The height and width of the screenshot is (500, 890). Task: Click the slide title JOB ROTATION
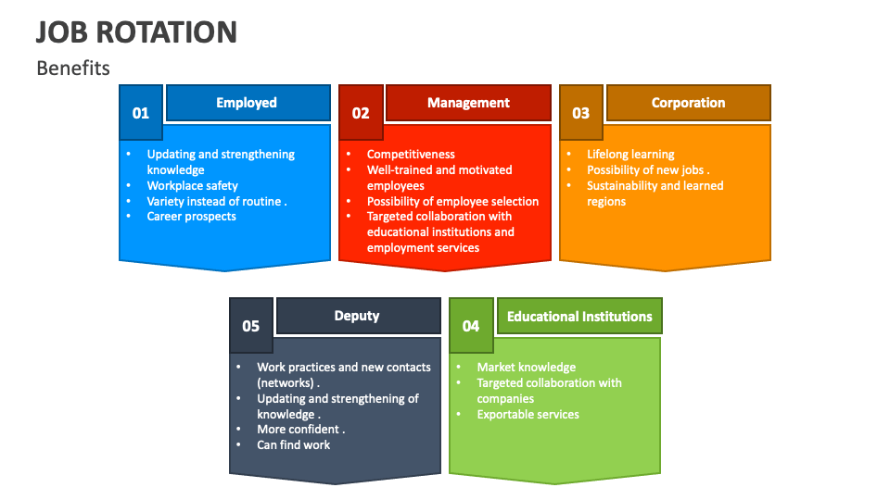pos(136,32)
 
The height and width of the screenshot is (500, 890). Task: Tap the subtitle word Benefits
pos(73,68)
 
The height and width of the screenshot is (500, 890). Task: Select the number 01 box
pos(141,112)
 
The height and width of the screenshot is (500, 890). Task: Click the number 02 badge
pos(361,112)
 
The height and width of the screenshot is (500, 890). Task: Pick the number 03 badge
pos(580,112)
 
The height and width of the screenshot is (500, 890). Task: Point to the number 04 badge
pos(471,325)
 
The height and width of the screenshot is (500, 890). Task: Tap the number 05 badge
pos(251,325)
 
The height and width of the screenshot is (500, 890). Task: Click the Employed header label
pos(247,103)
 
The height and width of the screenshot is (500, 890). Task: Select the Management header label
pos(468,103)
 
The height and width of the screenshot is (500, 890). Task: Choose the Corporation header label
pos(689,103)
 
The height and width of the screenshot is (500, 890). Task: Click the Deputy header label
pos(357,316)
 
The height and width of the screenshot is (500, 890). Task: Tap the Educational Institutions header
pos(579,316)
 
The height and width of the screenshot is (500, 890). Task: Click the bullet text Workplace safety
pos(193,185)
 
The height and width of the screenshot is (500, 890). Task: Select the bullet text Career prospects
pos(191,216)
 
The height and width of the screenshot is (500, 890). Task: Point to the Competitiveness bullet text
pos(411,155)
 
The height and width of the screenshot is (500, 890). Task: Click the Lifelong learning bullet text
pos(630,155)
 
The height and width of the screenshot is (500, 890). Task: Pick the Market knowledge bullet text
pos(527,367)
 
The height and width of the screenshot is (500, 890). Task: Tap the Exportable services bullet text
pos(528,415)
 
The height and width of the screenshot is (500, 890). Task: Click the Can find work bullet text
pos(294,445)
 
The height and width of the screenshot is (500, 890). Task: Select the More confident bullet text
pos(300,429)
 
